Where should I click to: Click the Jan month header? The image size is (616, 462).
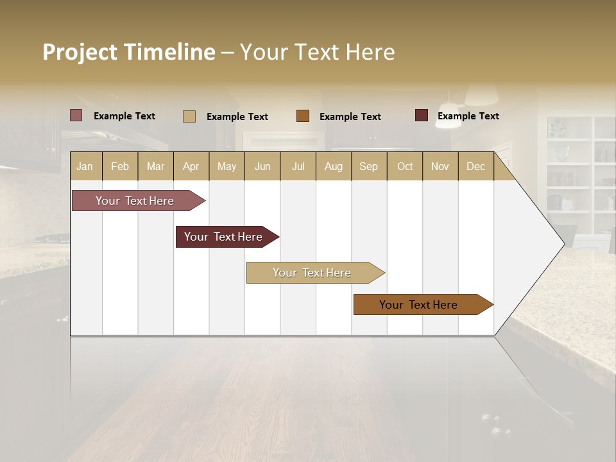point(85,166)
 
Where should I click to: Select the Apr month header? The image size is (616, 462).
point(191,166)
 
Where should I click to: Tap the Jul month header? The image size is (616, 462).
point(298,166)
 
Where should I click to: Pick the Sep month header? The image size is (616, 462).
point(368,166)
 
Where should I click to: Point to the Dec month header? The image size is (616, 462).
point(475,166)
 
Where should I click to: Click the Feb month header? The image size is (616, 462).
point(120,166)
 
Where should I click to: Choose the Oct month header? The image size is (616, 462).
point(405,166)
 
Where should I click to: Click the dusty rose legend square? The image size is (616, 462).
point(76,116)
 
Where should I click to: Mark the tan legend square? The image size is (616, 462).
point(189,116)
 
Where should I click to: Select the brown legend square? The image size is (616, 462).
point(303,116)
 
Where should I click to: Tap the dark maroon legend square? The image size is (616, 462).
point(422,116)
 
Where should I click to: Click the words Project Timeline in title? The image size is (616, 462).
point(129,52)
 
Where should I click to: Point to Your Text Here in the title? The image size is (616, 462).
point(317,52)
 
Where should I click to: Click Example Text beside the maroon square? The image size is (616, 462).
point(468,116)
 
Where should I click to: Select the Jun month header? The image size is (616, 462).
point(262,166)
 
